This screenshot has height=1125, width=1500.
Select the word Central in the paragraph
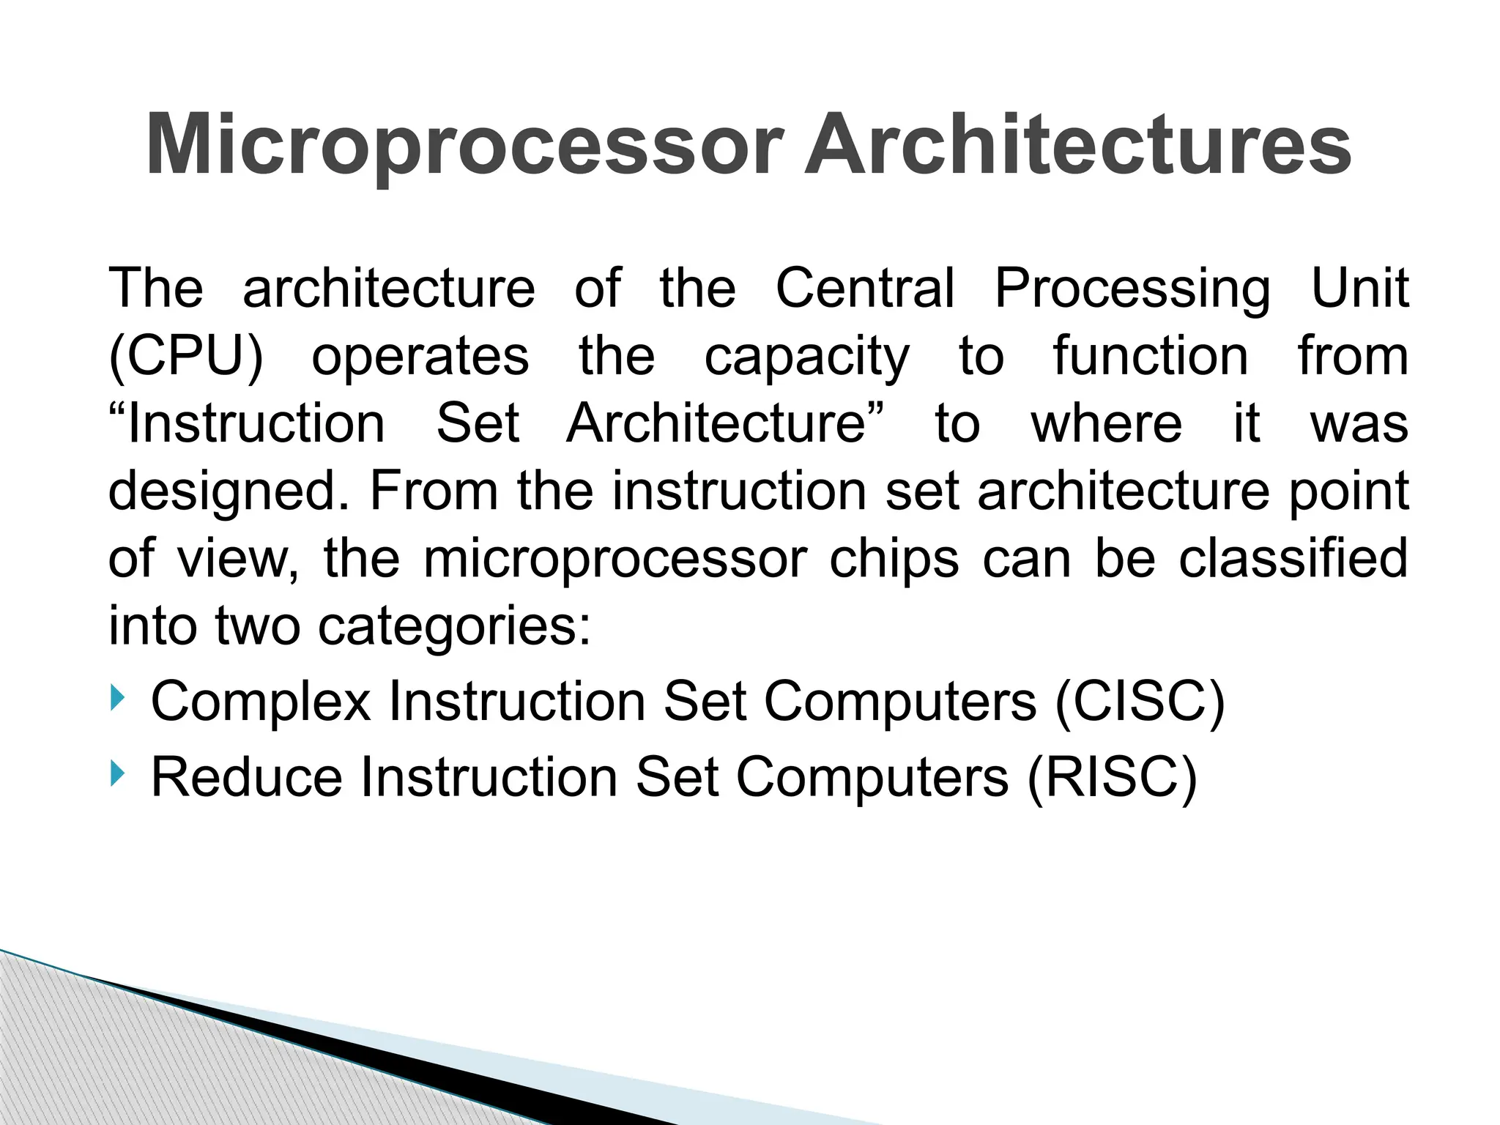865,288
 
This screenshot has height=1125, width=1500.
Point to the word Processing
1132,288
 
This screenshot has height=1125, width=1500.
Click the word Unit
1359,288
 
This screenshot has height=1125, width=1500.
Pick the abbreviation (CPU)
186,357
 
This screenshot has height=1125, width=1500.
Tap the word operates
420,357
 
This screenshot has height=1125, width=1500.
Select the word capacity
806,357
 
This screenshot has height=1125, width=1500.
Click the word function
1151,357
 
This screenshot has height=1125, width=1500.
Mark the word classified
1293,560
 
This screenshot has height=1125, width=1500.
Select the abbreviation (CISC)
1140,702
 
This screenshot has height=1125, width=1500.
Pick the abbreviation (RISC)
1112,776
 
